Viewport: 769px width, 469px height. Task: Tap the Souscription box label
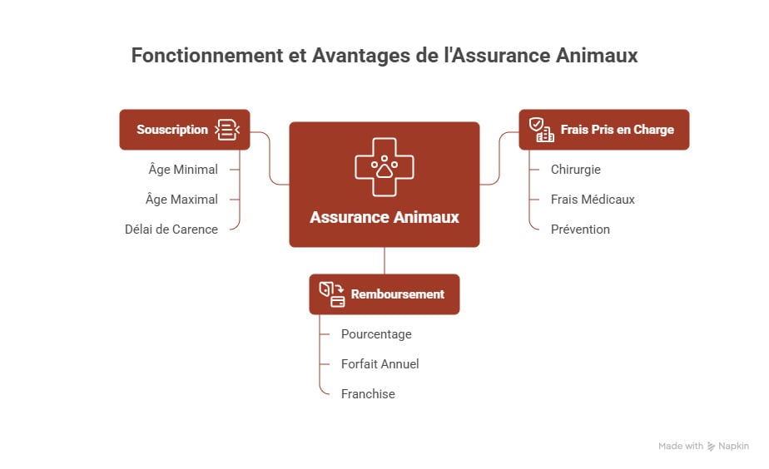(172, 130)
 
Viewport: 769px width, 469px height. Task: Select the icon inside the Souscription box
(226, 130)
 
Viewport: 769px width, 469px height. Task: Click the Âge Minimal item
(182, 170)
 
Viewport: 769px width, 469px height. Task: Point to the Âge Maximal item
(182, 200)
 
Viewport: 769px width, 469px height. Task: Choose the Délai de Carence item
(171, 230)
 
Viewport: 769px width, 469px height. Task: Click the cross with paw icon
(384, 166)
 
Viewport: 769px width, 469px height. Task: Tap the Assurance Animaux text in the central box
(384, 217)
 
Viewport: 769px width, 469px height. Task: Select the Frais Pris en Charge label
(617, 130)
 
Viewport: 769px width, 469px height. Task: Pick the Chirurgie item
(575, 170)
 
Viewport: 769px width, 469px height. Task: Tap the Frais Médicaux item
(593, 200)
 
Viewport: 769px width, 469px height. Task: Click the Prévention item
(580, 230)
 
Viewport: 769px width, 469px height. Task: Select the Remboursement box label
(398, 294)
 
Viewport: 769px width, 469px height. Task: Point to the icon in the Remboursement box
(332, 294)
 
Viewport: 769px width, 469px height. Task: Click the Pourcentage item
(376, 334)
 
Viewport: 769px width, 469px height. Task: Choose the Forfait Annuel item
(380, 364)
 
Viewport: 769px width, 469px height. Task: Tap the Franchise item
(368, 394)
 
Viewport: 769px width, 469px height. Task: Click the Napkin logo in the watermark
(712, 447)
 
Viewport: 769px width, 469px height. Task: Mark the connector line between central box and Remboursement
(384, 260)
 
